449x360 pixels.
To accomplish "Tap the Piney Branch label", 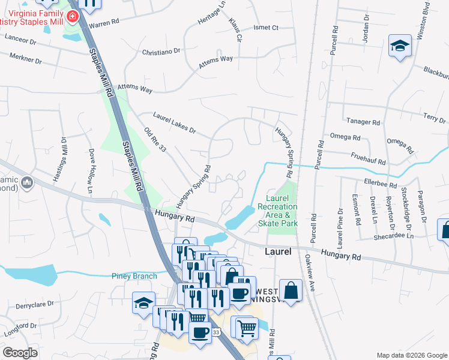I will [x=134, y=276].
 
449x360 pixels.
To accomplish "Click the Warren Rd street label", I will [x=105, y=25].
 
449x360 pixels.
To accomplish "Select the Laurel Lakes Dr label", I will [x=174, y=121].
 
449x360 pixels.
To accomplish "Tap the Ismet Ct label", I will [x=267, y=28].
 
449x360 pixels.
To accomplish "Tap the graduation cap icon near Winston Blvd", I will [x=399, y=46].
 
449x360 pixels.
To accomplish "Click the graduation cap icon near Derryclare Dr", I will [x=144, y=302].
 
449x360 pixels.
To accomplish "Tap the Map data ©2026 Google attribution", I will [x=411, y=355].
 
